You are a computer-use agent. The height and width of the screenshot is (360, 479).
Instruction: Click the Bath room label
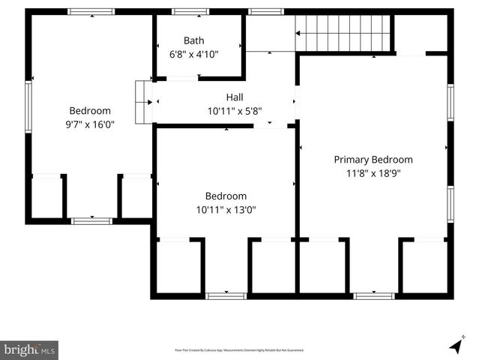pos(193,40)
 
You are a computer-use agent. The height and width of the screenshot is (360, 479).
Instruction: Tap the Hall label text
pos(235,97)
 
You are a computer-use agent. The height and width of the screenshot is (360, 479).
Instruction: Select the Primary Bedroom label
pos(373,160)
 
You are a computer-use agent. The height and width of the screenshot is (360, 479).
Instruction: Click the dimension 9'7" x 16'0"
pos(90,124)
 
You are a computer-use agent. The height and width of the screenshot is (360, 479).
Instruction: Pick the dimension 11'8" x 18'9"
pos(373,173)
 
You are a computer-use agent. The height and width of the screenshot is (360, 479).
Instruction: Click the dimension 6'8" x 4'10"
pos(193,54)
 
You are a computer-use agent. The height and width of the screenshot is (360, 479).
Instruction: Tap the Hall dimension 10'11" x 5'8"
pos(235,111)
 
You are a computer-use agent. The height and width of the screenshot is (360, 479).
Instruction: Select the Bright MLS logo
pos(29,349)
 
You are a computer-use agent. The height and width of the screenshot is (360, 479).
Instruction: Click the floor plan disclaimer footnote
pos(239,350)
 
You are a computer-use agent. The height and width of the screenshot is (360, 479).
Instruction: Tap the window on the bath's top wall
pos(190,12)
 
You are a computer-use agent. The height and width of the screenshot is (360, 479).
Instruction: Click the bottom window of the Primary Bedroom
pos(374,295)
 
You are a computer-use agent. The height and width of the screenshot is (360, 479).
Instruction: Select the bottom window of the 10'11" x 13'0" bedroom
pos(226,295)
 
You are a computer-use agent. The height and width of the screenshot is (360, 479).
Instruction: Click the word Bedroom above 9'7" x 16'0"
pos(90,111)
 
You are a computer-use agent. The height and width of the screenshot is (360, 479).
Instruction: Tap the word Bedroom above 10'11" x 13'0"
pos(226,196)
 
